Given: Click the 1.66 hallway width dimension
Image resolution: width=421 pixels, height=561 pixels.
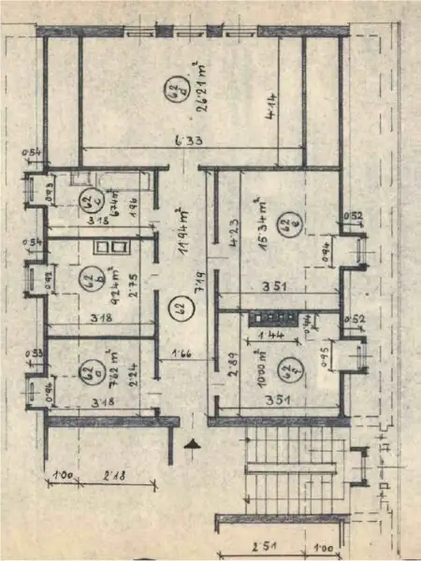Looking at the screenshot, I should pos(182,353).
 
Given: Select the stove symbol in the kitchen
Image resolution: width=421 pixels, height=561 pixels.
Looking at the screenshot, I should pos(272,317).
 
